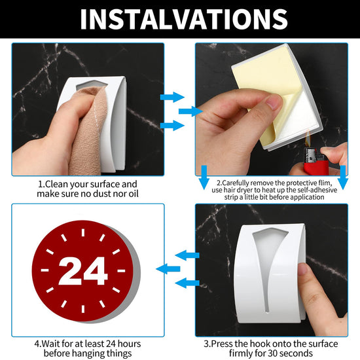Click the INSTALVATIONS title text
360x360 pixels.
[x=184, y=19]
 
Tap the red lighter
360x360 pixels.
[x=315, y=162]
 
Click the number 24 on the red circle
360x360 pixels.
[x=83, y=271]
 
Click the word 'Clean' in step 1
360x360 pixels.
[x=56, y=184]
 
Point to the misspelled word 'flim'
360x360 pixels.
[x=325, y=183]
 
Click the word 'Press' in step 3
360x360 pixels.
[x=222, y=344]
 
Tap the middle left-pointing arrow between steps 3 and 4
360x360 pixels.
[x=168, y=269]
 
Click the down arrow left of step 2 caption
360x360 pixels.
[x=204, y=177]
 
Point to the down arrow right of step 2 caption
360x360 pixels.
[x=343, y=177]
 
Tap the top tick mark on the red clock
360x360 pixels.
[x=83, y=232]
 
